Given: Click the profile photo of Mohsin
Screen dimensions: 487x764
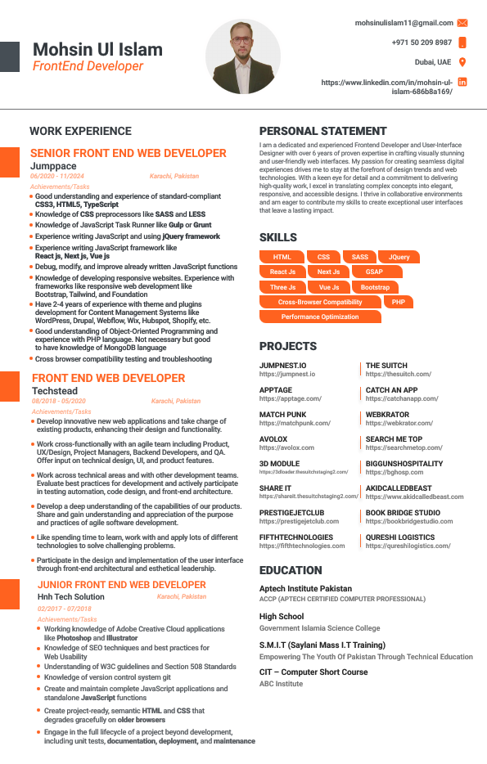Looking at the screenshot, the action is (242, 56).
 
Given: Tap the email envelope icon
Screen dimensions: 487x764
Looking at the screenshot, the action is (462, 23).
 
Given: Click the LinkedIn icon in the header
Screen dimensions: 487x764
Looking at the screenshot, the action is (462, 82).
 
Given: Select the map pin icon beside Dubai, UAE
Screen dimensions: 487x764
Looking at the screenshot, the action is (462, 62).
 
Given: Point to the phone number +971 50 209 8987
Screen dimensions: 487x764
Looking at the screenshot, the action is (422, 43).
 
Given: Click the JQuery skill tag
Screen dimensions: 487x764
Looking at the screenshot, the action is (399, 257).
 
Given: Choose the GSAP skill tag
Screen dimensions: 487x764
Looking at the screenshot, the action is (374, 272).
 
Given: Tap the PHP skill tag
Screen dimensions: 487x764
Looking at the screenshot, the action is (398, 302).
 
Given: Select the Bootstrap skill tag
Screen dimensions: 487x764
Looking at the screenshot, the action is (375, 287).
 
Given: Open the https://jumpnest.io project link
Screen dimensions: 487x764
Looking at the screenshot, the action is (287, 374).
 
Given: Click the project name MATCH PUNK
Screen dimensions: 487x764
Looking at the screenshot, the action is (283, 415).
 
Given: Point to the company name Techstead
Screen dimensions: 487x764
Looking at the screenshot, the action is (55, 392).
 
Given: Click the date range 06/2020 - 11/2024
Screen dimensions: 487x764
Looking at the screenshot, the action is (57, 176).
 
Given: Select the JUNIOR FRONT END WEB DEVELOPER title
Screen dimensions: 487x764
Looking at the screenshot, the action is (122, 585).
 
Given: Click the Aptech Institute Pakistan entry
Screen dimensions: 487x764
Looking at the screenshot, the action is (305, 588).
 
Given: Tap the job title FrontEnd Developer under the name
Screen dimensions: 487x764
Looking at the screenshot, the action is (88, 66).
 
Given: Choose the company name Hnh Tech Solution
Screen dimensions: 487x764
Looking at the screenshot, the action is (71, 597).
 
